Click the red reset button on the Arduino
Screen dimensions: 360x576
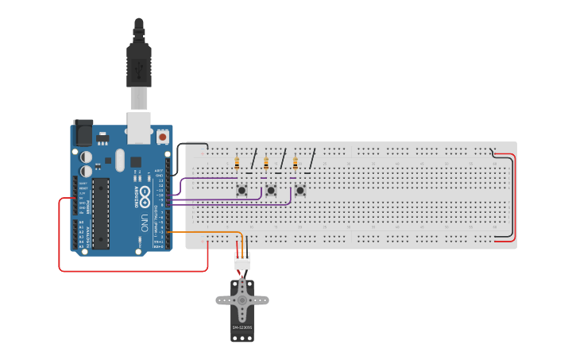click(x=163, y=137)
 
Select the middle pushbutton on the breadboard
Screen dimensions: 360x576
click(x=270, y=190)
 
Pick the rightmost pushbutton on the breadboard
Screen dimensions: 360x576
click(x=300, y=190)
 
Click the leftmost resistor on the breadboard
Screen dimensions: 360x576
click(x=238, y=165)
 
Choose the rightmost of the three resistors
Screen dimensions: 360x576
click(x=296, y=165)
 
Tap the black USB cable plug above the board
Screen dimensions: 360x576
click(x=139, y=64)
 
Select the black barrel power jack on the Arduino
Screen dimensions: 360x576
click(x=83, y=133)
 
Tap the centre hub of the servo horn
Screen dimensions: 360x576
click(x=242, y=300)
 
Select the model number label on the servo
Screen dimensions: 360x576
click(x=242, y=327)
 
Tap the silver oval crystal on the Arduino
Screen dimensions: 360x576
click(x=120, y=161)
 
